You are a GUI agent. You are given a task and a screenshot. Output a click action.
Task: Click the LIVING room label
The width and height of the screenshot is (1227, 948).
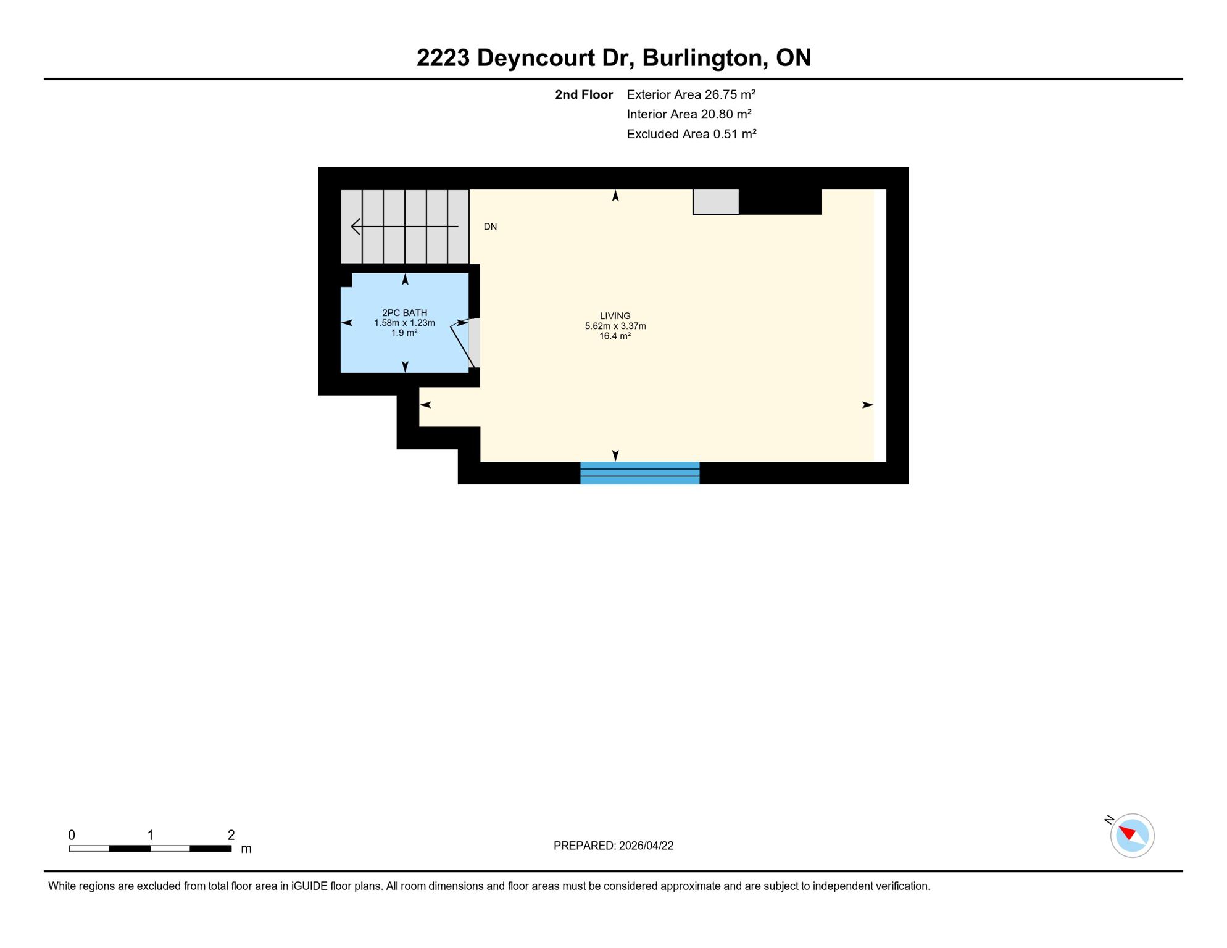[x=615, y=315]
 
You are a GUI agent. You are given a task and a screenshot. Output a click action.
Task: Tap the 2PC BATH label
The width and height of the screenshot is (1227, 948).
[x=404, y=312]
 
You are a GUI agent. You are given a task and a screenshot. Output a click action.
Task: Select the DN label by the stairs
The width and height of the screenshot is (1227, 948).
[x=490, y=227]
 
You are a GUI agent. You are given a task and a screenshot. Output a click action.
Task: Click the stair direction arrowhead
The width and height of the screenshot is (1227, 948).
[x=355, y=227]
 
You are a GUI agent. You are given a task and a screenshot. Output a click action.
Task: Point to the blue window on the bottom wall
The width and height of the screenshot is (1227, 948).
[x=639, y=473]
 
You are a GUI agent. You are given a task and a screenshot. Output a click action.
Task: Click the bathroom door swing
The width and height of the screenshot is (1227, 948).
[x=462, y=346]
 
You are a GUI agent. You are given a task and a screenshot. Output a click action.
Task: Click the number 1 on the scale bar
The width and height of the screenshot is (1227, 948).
[x=150, y=834]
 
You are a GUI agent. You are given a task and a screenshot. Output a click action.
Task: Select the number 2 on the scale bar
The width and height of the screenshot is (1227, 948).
[x=231, y=834]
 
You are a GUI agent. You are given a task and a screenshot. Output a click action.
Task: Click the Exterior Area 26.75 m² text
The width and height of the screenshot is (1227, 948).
[x=691, y=94]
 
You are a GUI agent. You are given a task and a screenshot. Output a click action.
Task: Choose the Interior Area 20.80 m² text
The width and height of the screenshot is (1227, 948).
[x=689, y=114]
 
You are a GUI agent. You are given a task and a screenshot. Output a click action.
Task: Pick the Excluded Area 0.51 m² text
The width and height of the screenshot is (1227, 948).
[x=691, y=134]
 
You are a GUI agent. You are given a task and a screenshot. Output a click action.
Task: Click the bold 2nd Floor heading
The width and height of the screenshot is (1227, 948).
[x=583, y=94]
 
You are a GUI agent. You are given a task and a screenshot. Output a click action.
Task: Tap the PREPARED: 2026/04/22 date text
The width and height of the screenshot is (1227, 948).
[x=613, y=846]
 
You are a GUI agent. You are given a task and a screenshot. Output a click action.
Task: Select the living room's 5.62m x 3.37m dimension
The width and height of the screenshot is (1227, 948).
[x=615, y=326]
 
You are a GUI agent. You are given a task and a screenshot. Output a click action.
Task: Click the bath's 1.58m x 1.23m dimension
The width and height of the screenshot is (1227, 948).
[x=404, y=323]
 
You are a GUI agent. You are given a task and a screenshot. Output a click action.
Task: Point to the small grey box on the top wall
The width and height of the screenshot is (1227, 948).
[x=715, y=202]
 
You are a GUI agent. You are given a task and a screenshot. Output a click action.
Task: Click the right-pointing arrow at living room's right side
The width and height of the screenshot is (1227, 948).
[x=867, y=405]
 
